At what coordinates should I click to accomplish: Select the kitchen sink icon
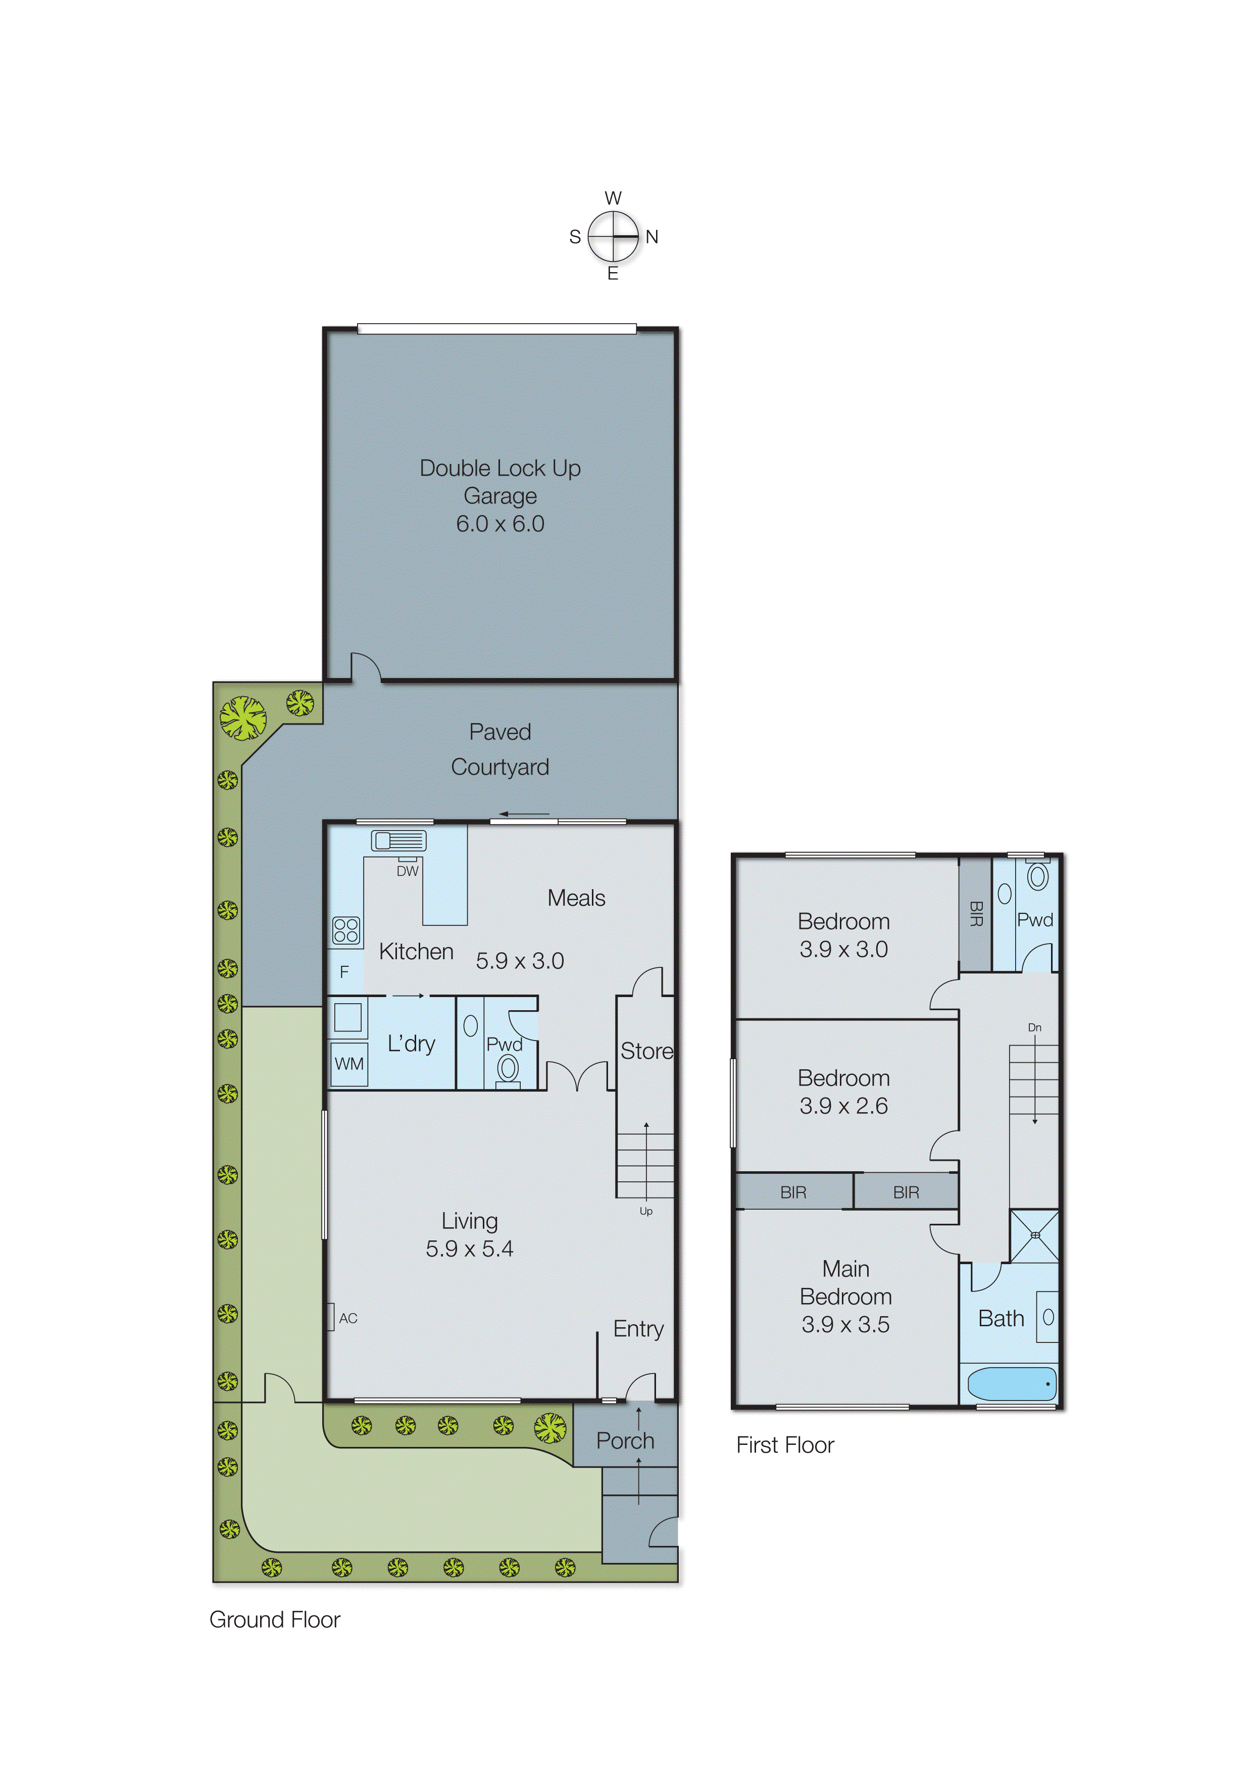[x=398, y=840]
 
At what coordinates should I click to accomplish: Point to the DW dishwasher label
[x=407, y=871]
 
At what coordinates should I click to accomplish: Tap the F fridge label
[x=344, y=972]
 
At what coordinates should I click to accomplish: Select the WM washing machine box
[x=348, y=1064]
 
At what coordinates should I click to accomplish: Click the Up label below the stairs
[x=646, y=1211]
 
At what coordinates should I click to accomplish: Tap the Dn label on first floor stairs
[x=1035, y=1028]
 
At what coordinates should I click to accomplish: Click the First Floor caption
[x=785, y=1445]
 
